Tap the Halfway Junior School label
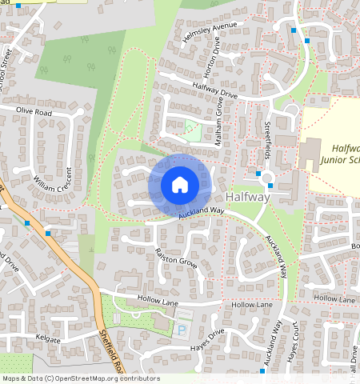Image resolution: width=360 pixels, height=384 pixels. click(339, 154)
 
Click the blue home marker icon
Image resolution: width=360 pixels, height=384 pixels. click(180, 186)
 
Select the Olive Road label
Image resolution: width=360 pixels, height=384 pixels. click(34, 113)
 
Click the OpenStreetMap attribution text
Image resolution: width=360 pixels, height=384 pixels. click(80, 378)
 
